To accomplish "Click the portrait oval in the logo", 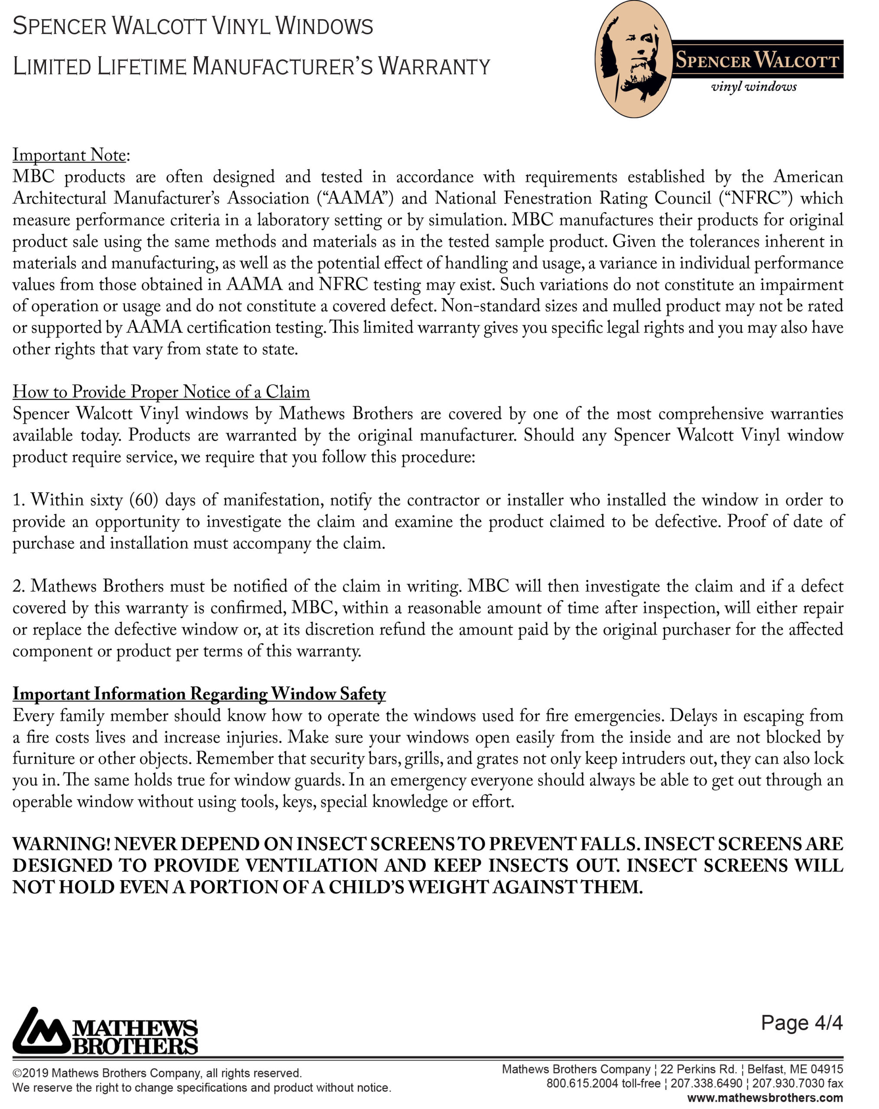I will [634, 59].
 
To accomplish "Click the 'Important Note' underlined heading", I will [69, 155].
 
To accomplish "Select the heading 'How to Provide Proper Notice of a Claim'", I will [161, 392].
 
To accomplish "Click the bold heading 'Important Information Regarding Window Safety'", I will [199, 694].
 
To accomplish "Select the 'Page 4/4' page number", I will [801, 1023].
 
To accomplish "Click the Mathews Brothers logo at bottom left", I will [105, 1031].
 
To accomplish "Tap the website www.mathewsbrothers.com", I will [765, 1098].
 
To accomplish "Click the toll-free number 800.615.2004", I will [582, 1083].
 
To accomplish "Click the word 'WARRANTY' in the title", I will [434, 67].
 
